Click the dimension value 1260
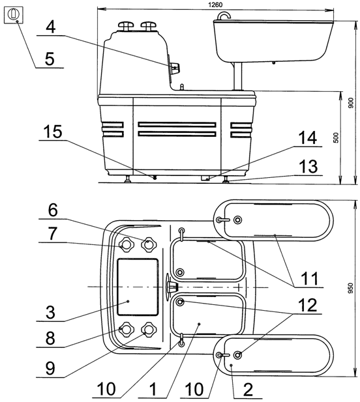point(215,5)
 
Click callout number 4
point(51,27)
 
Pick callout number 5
point(50,59)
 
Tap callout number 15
point(53,132)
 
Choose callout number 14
point(307,137)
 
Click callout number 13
point(308,166)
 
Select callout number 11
point(309,278)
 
